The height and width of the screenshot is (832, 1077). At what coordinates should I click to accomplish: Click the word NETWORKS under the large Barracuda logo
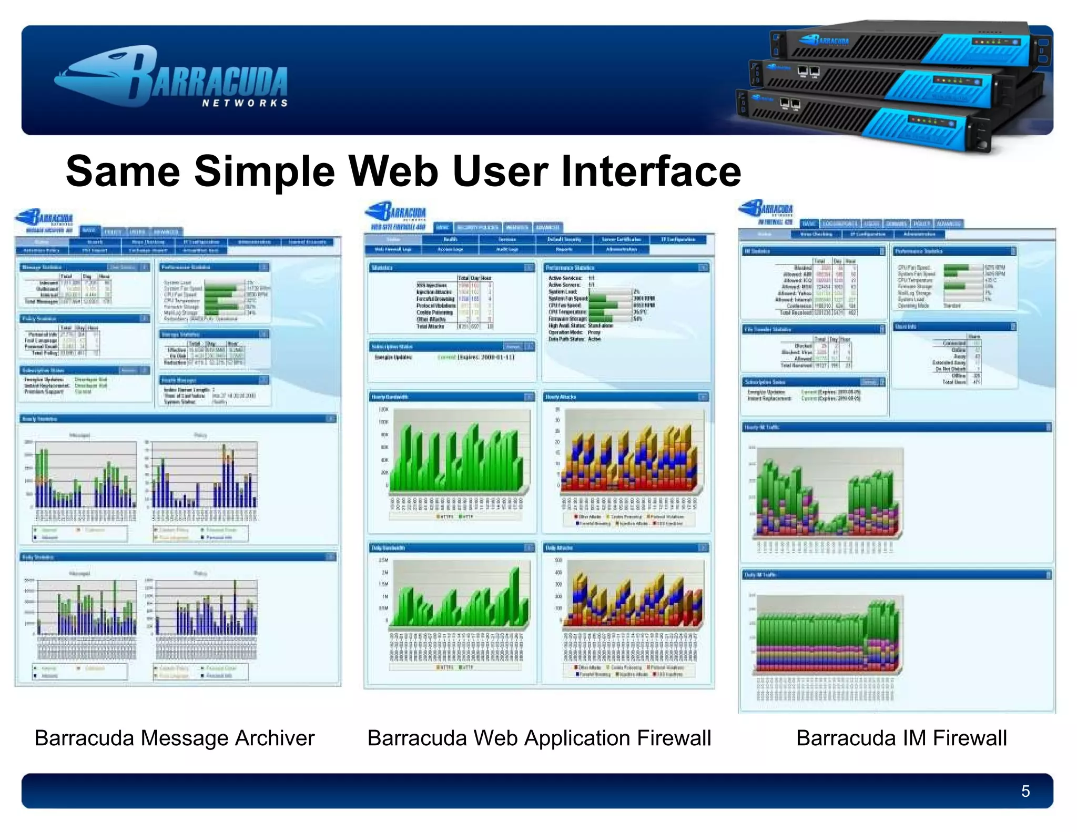pos(245,103)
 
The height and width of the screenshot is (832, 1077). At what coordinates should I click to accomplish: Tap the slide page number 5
pos(1025,791)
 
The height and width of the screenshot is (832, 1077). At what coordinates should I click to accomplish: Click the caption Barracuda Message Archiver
pos(174,738)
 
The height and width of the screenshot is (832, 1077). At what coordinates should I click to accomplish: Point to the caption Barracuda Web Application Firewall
pos(538,738)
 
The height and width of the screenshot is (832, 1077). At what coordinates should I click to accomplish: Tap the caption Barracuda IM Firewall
pos(901,738)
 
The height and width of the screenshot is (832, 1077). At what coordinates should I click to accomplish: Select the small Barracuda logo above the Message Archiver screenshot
pos(45,217)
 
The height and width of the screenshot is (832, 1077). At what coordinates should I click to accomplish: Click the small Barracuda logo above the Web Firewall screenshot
pos(395,211)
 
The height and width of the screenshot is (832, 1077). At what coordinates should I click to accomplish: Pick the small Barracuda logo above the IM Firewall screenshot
pos(766,209)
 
